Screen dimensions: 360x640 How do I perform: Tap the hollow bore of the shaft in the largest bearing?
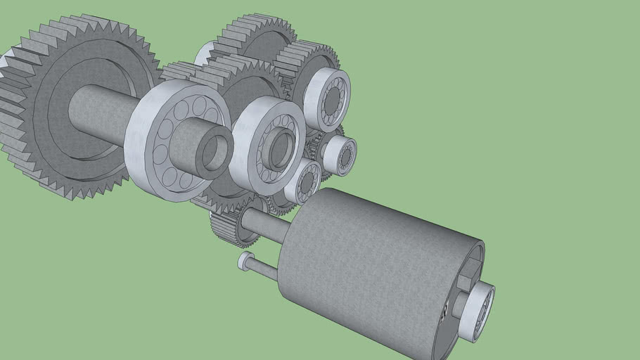pos(217,152)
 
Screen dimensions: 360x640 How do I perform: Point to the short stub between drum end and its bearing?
pos(461,306)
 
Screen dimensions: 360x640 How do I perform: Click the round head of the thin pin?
pos(244,262)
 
